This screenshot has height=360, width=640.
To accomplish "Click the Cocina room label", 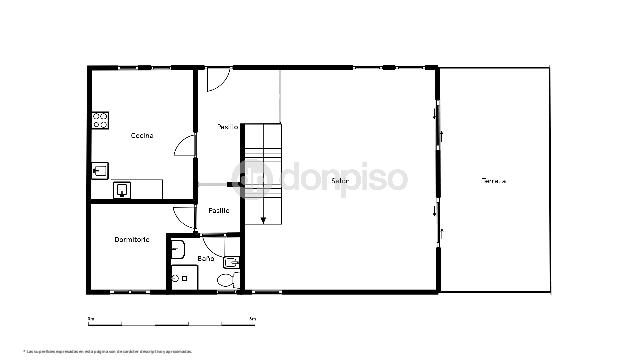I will tap(141, 135).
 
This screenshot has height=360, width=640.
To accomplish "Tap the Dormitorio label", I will tap(132, 239).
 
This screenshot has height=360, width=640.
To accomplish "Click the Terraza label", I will tap(493, 181).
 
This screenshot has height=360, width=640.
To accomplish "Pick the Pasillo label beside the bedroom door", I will tap(219, 210).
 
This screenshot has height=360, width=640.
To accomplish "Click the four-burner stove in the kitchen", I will tap(100, 121).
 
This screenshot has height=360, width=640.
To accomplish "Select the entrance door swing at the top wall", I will tap(218, 79).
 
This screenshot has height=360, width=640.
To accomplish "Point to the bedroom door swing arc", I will tap(182, 216).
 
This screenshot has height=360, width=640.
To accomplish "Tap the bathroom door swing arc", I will tap(213, 243).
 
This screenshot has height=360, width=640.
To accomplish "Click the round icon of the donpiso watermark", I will tap(249, 178).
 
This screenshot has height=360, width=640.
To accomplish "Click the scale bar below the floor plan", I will tap(170, 323).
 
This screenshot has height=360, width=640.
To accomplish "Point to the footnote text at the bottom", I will tap(107, 351).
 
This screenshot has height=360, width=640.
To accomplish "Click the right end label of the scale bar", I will tap(251, 318).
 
